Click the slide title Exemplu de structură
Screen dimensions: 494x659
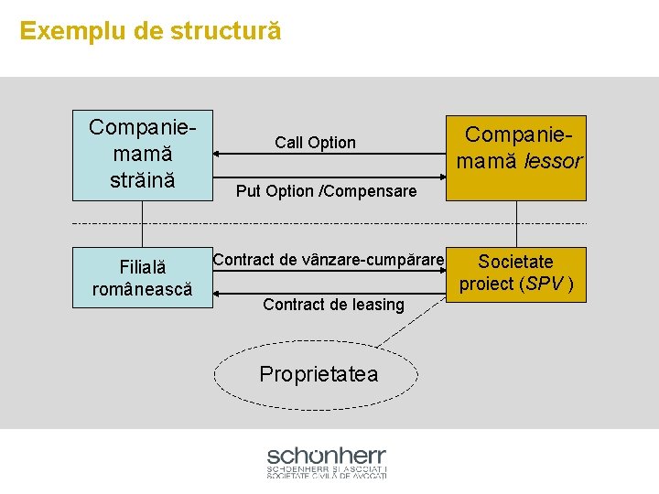(x=150, y=31)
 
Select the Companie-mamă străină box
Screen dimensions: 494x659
(x=142, y=155)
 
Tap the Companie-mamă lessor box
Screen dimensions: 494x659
(x=515, y=157)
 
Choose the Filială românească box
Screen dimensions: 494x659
(x=142, y=278)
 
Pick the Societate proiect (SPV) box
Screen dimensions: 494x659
(x=516, y=273)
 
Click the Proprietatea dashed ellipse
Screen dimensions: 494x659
(x=317, y=373)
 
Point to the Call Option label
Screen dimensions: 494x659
(x=315, y=143)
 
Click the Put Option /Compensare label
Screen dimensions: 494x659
(x=326, y=191)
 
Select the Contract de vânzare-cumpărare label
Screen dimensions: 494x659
(x=329, y=260)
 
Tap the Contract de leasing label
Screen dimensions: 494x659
(x=333, y=305)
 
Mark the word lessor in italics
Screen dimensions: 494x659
(x=554, y=162)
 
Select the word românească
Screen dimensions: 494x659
(x=142, y=289)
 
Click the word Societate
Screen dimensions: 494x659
(x=516, y=262)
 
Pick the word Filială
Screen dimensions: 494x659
(x=143, y=268)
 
